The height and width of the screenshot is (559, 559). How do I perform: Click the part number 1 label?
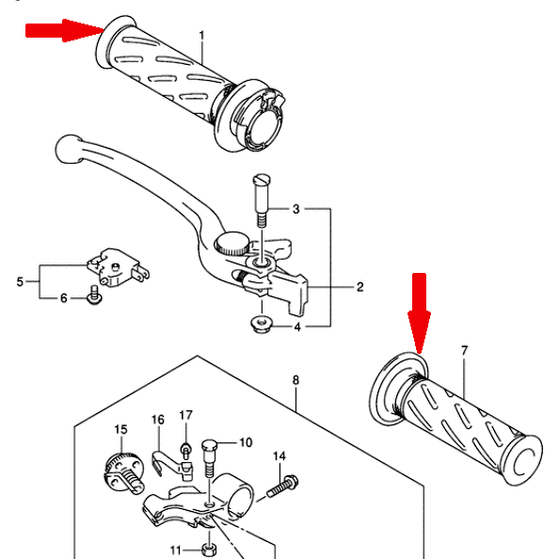pos(201,36)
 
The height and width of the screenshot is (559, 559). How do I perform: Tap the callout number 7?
pos(464,351)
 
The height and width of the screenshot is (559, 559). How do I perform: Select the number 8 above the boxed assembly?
pos(295,380)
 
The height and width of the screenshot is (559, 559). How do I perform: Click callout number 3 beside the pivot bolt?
pos(295,209)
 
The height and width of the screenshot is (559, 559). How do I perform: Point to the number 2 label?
pos(360,287)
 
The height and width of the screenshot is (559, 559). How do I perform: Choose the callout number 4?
pos(297,327)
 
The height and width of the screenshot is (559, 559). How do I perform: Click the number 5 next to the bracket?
pos(20,282)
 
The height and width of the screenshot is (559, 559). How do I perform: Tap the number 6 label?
pos(63,298)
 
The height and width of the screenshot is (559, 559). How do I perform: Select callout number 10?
pos(246,443)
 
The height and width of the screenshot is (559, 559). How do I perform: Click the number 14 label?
pos(279,456)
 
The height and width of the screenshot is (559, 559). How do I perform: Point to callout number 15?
pos(120,429)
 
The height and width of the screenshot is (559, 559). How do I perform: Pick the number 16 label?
pos(158,420)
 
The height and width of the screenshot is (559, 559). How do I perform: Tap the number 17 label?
pos(185,415)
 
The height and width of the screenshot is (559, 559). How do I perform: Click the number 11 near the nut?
pos(176,551)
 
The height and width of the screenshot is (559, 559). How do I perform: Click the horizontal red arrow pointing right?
pos(65,30)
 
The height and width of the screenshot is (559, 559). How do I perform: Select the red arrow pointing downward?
pos(420,313)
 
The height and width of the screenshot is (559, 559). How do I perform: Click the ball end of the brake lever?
pos(69,149)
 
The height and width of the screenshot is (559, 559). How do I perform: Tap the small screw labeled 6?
pos(94,295)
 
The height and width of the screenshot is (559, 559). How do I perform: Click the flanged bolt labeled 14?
pos(282,487)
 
